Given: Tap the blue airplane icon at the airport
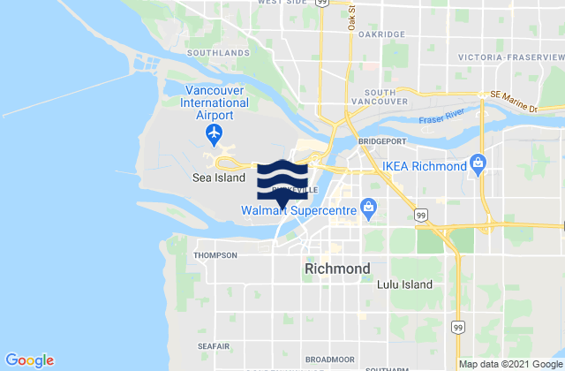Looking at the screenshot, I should click(x=214, y=132).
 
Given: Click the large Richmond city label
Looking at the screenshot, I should click(x=336, y=268).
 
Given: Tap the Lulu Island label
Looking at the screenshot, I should click(x=404, y=284).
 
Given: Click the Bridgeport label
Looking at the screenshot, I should click(x=380, y=140).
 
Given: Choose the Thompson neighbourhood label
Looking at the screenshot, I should click(x=216, y=255).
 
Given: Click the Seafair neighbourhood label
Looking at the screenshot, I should click(x=215, y=346).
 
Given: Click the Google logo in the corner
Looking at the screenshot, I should click(x=29, y=360).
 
